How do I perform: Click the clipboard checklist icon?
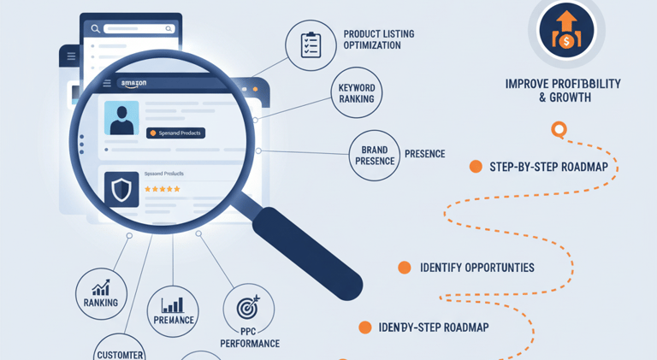coord(310,45)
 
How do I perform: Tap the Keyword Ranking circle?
coord(356,93)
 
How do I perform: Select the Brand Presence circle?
coord(375,156)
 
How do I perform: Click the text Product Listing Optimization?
coord(378,39)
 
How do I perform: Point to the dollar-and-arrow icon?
coord(565,31)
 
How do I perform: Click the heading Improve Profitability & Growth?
coord(562,91)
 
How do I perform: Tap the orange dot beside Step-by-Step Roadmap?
coord(476,167)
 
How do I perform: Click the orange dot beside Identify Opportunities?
coord(405,268)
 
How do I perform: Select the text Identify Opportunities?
coord(476,268)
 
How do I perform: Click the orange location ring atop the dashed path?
coord(559,130)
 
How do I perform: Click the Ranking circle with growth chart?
coord(101,292)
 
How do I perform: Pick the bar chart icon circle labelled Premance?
coord(173,310)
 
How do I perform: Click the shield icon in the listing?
coord(121,190)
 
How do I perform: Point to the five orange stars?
coord(163,189)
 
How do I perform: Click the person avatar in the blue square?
coord(121,118)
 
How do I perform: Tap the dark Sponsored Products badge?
coord(175,133)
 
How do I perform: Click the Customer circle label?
coord(120,351)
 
